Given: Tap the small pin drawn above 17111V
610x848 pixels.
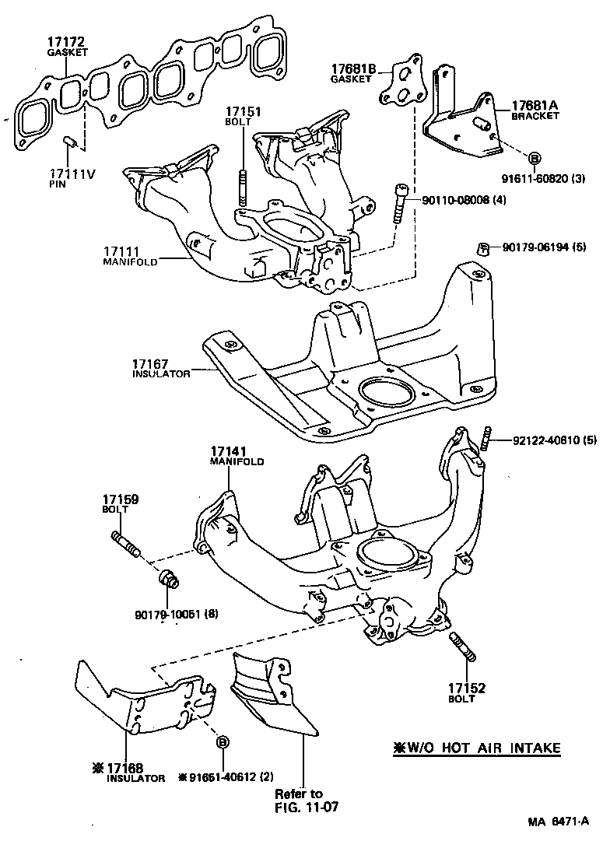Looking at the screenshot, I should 68,141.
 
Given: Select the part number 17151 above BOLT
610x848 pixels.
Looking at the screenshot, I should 244,112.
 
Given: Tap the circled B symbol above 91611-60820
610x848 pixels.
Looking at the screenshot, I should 535,159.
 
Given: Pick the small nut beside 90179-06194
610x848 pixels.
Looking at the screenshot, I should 482,249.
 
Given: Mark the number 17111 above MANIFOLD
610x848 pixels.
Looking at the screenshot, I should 121,251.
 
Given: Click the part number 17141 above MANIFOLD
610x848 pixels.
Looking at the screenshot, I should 226,451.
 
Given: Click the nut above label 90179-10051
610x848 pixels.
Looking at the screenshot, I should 167,581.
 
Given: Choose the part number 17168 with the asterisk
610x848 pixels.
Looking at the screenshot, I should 126,767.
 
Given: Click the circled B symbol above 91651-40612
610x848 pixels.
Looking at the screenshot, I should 223,741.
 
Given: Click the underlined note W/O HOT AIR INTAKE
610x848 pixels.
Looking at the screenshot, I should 477,748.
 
